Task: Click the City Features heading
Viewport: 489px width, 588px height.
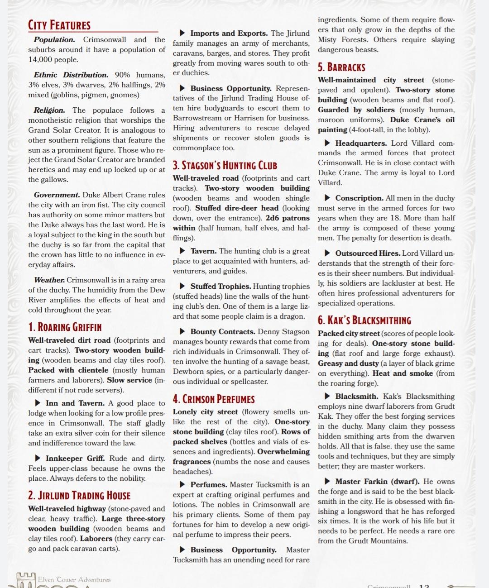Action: [x=59, y=25]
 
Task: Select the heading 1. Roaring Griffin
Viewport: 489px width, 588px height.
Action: [x=65, y=327]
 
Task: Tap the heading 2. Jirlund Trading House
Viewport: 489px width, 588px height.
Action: [x=79, y=495]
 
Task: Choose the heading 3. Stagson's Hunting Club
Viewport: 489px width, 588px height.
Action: [x=225, y=165]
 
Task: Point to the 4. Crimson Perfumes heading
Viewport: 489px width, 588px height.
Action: [x=214, y=399]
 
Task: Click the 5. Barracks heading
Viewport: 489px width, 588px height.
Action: [x=341, y=67]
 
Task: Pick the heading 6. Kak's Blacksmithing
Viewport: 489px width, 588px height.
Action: [x=364, y=320]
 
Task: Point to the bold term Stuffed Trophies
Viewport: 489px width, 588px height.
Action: [x=221, y=286]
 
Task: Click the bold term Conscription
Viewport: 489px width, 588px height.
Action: [x=360, y=198]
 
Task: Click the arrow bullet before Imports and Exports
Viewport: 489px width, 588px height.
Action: [x=182, y=33]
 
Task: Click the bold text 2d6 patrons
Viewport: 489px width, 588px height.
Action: [x=288, y=218]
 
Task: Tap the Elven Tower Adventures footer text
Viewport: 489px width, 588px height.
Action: [x=74, y=579]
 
